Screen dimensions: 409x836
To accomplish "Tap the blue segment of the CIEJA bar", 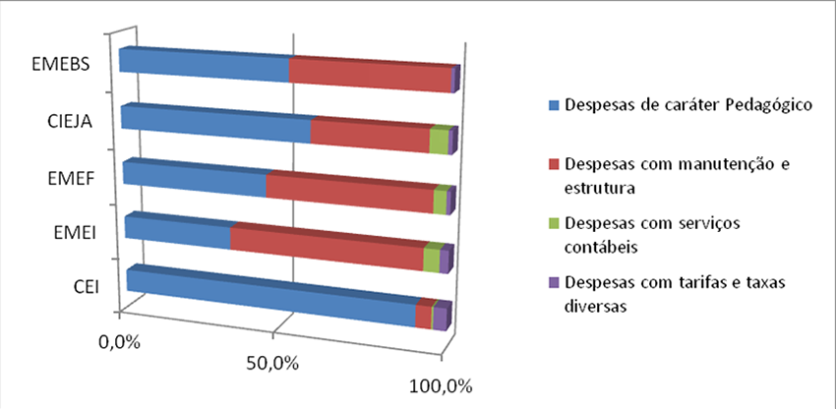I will [x=216, y=121].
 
